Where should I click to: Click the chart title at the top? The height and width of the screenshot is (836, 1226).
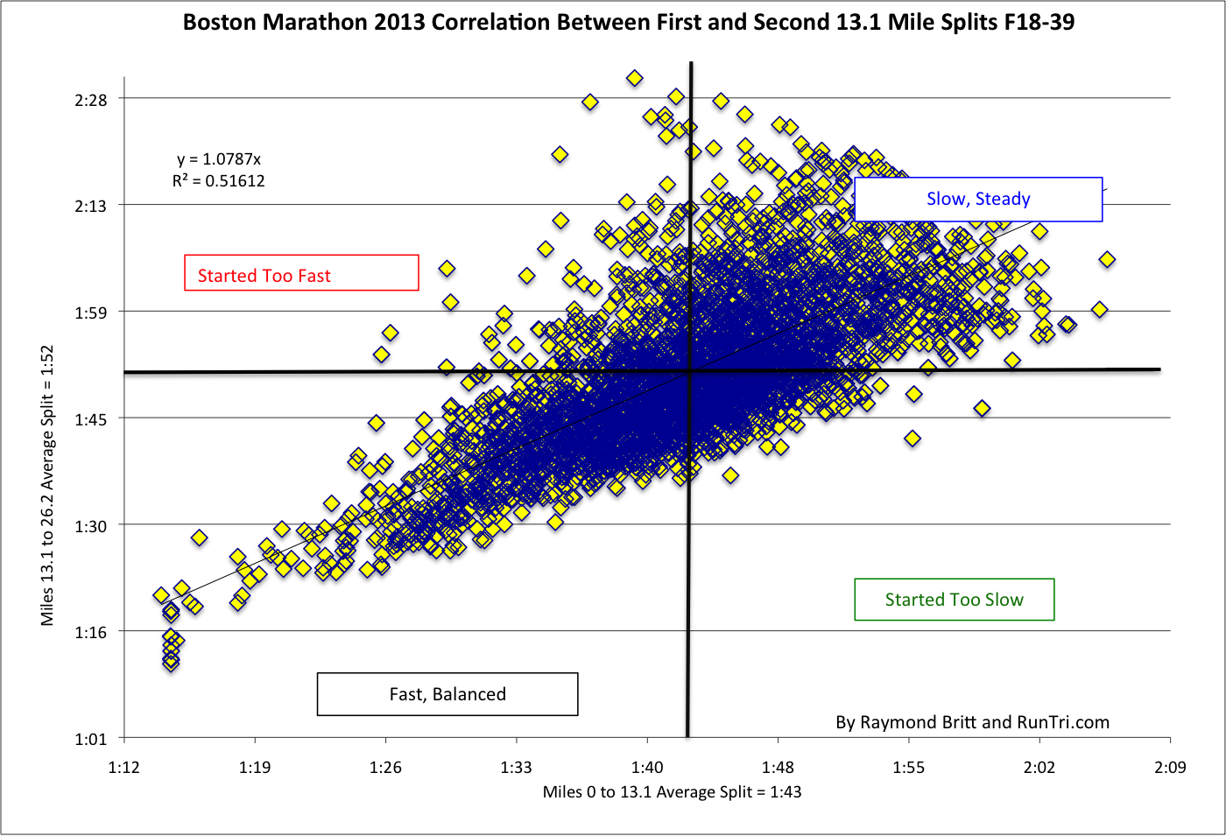pos(628,22)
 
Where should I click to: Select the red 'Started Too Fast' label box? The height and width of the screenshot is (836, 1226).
pos(301,273)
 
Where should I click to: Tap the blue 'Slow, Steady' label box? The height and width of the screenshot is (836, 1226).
pos(978,200)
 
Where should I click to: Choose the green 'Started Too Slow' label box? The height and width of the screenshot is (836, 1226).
pos(954,600)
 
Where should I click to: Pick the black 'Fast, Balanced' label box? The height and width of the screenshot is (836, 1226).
pos(447,694)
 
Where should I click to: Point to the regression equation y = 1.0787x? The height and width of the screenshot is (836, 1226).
pos(219,159)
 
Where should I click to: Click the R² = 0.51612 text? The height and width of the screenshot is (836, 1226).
pos(218,181)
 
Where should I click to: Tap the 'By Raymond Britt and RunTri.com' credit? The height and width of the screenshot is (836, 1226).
pos(972,722)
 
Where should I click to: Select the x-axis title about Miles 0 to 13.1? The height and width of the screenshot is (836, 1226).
pos(672,792)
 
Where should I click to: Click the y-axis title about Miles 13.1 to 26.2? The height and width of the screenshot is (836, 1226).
pos(47,485)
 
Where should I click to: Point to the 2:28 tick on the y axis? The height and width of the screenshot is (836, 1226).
pos(91,100)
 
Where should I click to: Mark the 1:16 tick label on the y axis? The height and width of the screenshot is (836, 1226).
pos(91,632)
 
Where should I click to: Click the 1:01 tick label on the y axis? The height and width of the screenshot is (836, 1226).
pos(91,740)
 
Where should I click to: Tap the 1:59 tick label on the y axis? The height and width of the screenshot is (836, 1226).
pos(91,313)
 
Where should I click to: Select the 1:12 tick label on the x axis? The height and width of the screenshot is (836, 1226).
pos(123,768)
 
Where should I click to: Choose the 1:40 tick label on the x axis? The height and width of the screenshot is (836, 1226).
pos(647,768)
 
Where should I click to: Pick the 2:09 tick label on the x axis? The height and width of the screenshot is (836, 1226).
pos(1170,768)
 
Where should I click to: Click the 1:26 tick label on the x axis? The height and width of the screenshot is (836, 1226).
pos(385,768)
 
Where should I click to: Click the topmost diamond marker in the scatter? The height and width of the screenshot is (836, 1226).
pos(635,79)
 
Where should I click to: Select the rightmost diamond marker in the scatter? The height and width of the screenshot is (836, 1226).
pos(1107,259)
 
